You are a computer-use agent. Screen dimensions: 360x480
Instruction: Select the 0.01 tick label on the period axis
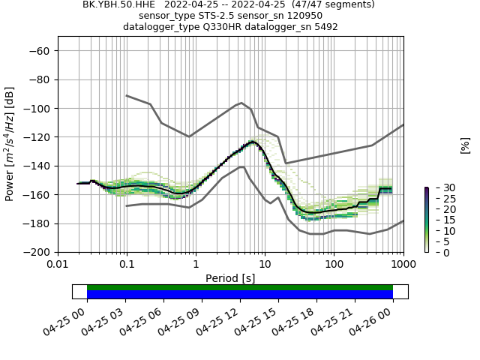pos(58,264)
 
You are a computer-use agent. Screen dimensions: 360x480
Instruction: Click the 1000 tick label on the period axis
pos(403,264)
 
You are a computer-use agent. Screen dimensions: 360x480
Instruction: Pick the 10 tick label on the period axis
pos(265,264)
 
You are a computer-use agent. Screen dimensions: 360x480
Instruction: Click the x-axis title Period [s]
pos(230,278)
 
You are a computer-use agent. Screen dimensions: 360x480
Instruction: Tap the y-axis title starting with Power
pos(10,144)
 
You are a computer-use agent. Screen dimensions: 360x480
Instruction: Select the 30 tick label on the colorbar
pos(439,187)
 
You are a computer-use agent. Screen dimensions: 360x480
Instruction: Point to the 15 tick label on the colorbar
pos(439,220)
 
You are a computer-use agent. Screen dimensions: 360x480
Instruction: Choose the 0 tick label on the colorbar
pos(436,253)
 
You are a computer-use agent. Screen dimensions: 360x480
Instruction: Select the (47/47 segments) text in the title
pos(333,4)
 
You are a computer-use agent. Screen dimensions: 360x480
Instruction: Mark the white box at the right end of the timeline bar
pos(400,292)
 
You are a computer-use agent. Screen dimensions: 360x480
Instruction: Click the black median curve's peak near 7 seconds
pos(253,141)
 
